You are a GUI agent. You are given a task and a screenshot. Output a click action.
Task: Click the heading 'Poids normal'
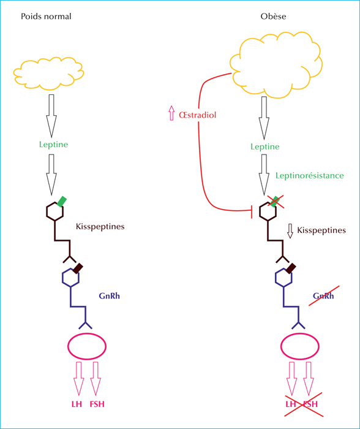coord(46,17)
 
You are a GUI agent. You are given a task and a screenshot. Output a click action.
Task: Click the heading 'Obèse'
coord(273,17)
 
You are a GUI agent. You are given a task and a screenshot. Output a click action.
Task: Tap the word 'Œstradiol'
coord(197,115)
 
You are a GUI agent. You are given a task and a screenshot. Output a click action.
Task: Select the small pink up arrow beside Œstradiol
coord(171,113)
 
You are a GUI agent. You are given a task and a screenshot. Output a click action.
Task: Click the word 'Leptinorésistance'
coord(309,175)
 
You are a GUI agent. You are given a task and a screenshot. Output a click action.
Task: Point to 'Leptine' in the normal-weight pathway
coord(53,144)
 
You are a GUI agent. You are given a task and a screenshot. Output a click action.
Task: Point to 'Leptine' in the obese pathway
coord(265,146)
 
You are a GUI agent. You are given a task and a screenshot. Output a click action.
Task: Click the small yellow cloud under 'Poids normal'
coord(48,74)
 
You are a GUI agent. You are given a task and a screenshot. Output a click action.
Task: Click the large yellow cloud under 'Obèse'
coord(276,65)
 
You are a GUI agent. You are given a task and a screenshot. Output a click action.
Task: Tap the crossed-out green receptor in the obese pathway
coord(275,202)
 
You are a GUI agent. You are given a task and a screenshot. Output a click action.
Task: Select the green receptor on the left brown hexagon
coord(62,202)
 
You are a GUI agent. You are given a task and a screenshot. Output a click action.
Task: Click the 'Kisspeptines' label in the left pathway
coord(100,227)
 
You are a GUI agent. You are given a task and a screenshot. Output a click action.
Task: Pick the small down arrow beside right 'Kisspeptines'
coord(290,231)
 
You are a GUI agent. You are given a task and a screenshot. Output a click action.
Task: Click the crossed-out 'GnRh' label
coord(323,296)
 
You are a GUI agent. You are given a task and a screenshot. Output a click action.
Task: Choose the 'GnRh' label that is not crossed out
coord(110,296)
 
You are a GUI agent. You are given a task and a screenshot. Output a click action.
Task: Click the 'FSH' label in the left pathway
coord(97,404)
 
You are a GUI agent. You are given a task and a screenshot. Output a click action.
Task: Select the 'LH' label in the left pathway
coord(77,404)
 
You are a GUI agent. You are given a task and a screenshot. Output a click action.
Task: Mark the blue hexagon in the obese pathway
coord(283,278)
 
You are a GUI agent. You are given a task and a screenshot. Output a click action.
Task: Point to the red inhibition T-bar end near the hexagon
coord(252,210)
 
